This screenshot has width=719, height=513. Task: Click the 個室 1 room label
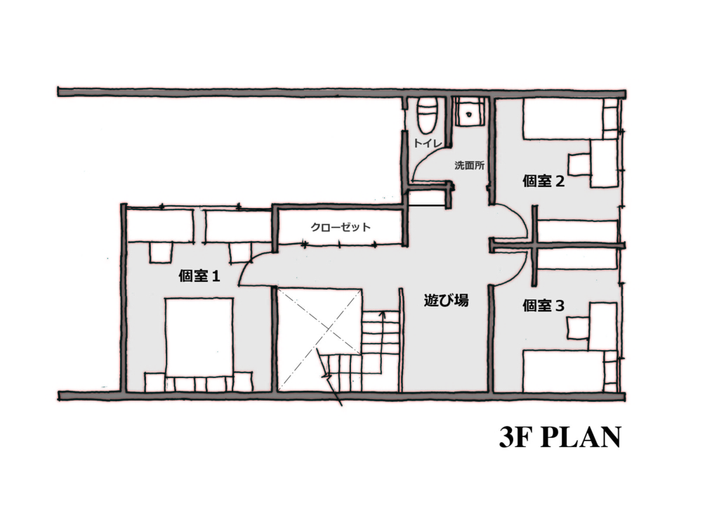pos(199,276)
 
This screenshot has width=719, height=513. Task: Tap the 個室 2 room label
pos(544,181)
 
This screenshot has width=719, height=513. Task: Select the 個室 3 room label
pos(544,305)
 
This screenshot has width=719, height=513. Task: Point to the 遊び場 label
pos(446,301)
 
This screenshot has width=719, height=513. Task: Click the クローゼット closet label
pos(341,227)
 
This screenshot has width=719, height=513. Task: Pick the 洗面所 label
pos(469,166)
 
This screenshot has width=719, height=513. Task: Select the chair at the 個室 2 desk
pos(579,162)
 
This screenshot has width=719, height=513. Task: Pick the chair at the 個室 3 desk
pos(579,327)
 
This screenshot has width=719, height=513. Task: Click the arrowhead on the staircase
pos(382,315)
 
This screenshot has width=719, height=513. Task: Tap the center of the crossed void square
pos(320,339)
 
